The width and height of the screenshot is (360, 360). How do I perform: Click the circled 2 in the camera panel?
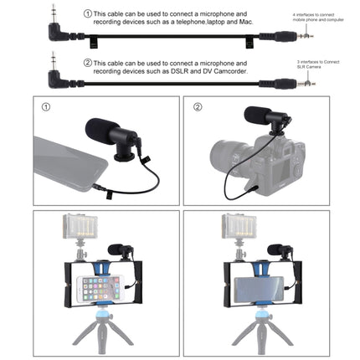click(x=198, y=108)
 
